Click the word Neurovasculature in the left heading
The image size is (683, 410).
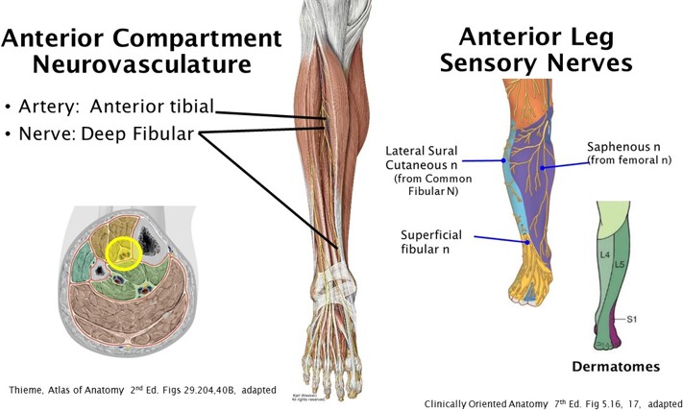(x=142, y=66)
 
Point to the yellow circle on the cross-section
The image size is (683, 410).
(x=126, y=253)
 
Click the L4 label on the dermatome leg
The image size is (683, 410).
(x=605, y=254)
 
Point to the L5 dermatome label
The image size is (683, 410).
(x=620, y=263)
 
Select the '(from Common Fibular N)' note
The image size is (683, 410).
(x=429, y=185)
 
